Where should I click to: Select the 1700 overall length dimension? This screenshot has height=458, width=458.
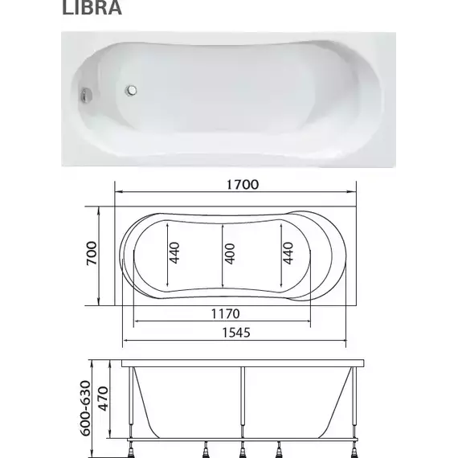(x=239, y=184)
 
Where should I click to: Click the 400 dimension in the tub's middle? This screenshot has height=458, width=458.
(x=231, y=255)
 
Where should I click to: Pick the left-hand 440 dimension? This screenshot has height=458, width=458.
(x=174, y=254)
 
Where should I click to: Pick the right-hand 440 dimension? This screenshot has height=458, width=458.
(x=288, y=254)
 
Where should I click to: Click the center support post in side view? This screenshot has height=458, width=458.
(x=240, y=406)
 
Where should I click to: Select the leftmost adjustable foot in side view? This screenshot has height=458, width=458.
(x=132, y=447)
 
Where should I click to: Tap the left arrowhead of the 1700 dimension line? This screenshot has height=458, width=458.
(x=119, y=193)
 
